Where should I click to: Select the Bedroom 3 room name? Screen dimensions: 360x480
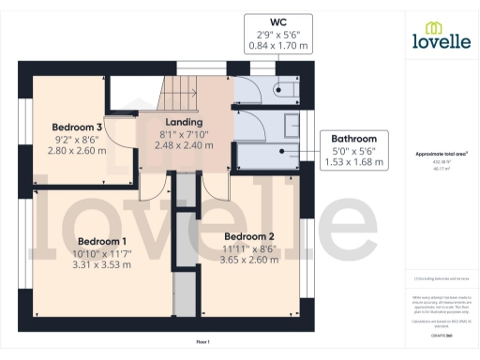[x=77, y=127]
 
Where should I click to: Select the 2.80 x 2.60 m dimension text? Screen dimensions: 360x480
[x=77, y=151]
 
